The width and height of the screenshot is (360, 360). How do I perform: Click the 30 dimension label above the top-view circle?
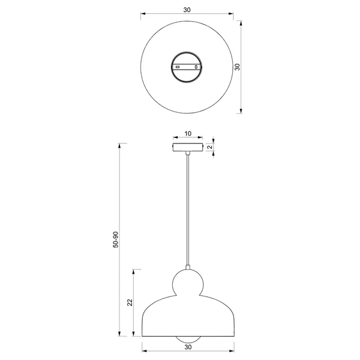[x=187, y=10]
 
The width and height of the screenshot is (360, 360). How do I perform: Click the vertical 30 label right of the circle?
[x=238, y=67]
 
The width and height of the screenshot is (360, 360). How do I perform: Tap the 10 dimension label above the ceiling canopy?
[x=188, y=133]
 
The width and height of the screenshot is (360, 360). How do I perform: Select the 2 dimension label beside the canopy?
[x=210, y=147]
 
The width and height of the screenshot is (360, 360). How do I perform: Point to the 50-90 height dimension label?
[x=116, y=239]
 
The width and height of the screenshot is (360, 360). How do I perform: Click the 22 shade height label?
[x=130, y=302]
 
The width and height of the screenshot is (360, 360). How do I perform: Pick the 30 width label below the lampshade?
[x=188, y=347]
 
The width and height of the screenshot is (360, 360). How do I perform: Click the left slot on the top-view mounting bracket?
[x=178, y=67]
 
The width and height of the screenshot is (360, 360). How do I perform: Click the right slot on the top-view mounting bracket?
[x=196, y=67]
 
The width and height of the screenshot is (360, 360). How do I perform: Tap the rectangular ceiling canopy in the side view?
[x=188, y=147]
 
